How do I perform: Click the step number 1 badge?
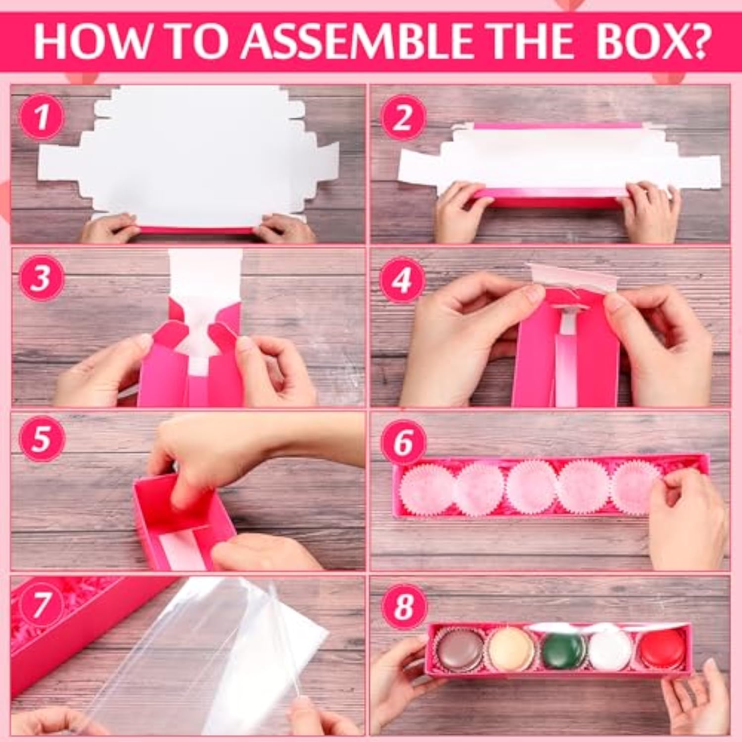(42, 117)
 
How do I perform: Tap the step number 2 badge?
(403, 117)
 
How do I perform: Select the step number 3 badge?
(42, 278)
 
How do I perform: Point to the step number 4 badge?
(403, 279)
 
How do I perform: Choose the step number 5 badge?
(42, 438)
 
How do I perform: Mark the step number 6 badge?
(403, 442)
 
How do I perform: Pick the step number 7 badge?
(42, 604)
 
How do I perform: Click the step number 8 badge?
(403, 605)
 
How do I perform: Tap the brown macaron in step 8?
(459, 649)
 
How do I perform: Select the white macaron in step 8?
(611, 649)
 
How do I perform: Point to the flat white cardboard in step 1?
(198, 158)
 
